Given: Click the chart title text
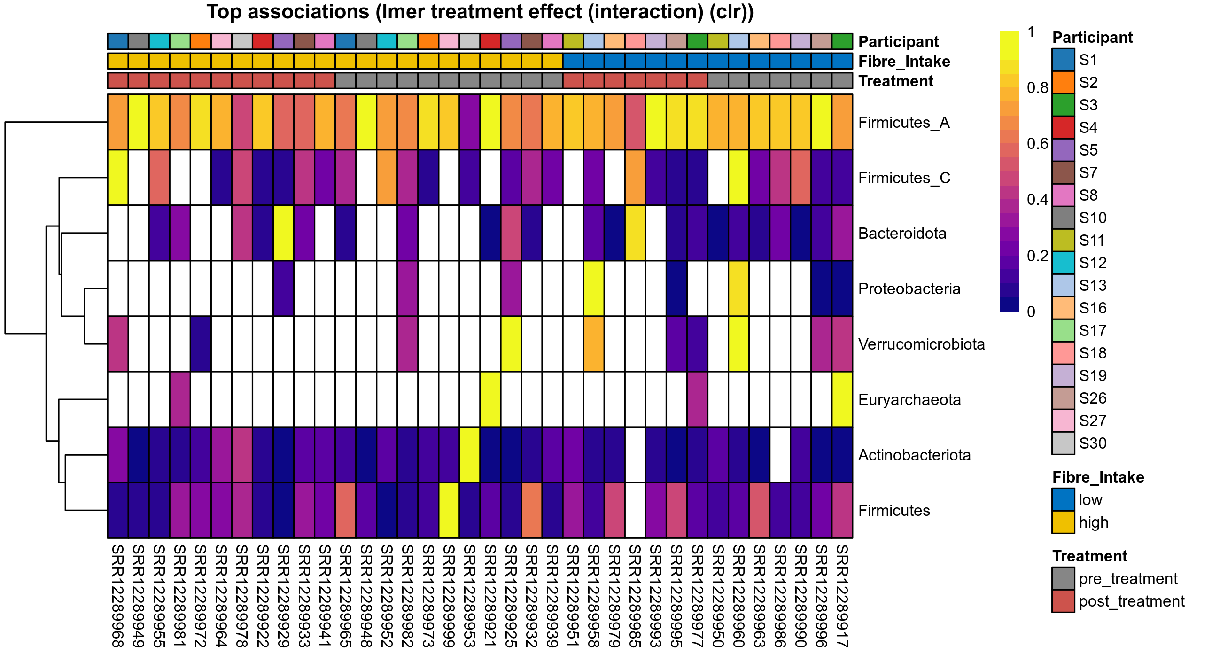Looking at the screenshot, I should point(480,12).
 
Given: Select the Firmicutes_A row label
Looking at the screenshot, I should point(903,123).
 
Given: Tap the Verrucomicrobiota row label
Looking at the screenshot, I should point(921,344).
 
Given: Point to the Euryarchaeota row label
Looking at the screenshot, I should point(909,400).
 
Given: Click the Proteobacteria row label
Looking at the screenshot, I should point(909,289).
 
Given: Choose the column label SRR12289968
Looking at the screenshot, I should point(117,596).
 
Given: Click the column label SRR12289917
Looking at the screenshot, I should point(842,596).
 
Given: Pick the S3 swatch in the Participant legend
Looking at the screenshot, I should point(1063,105).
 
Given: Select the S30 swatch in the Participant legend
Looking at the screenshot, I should point(1063,443).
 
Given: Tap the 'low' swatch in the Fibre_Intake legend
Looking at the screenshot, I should point(1063,500).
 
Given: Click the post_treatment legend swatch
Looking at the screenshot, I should point(1063,601).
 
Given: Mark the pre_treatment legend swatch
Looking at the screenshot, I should point(1063,579).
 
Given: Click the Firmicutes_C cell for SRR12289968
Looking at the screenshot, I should point(117,178).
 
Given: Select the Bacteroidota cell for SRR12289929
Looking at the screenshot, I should point(283,233).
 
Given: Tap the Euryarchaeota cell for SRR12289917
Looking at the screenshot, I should point(842,399).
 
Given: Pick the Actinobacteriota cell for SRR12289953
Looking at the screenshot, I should point(470,454).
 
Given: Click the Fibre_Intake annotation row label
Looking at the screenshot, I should point(904,62).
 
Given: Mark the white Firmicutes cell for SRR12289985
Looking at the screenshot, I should point(635,510).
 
